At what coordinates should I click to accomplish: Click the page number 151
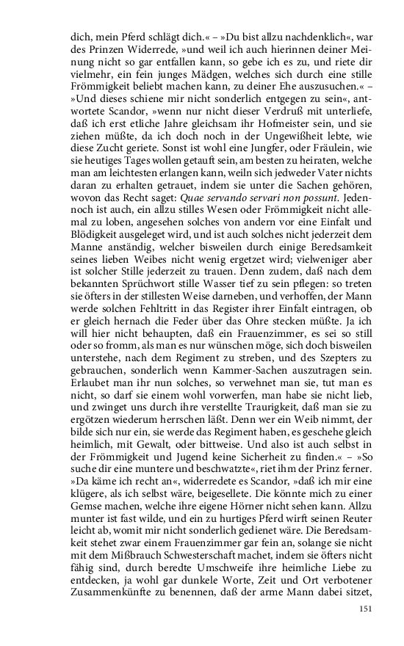click(367, 609)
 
